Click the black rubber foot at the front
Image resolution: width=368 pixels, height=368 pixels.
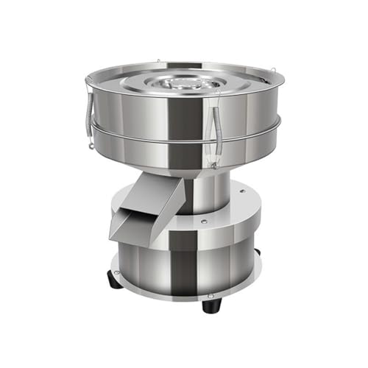(210, 303)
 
